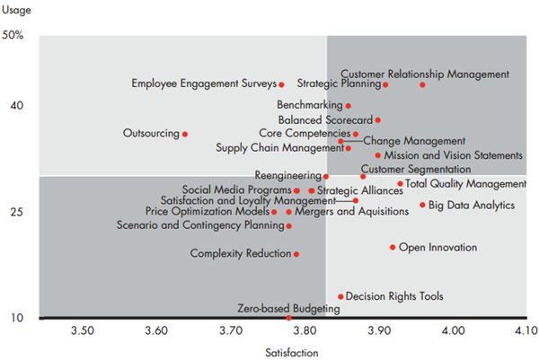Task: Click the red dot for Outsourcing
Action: [x=185, y=134]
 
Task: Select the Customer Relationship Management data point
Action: [x=422, y=84]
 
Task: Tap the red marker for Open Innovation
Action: [x=393, y=247]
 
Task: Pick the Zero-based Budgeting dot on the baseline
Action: [x=288, y=318]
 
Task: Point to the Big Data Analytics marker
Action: [x=422, y=205]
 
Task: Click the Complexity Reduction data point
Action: [x=296, y=254]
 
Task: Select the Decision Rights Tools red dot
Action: [x=340, y=295]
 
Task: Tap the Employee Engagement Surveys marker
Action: [x=281, y=84]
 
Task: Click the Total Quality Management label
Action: [x=465, y=183]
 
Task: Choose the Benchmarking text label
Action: [x=313, y=105]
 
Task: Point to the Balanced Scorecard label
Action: [x=325, y=119]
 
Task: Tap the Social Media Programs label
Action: [x=236, y=189]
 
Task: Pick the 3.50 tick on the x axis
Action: [x=82, y=331]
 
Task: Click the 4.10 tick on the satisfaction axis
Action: [x=526, y=331]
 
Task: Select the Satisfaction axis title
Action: [x=294, y=352]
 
